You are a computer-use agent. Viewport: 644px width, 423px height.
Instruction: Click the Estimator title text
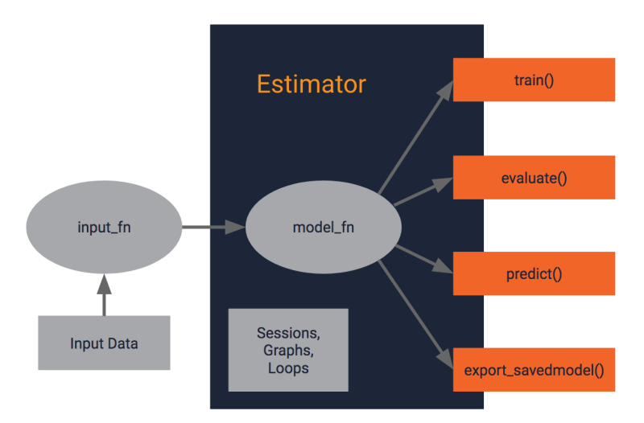tap(311, 84)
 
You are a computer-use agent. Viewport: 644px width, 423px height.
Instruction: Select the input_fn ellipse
tap(104, 228)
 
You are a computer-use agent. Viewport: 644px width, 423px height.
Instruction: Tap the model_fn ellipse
tap(323, 228)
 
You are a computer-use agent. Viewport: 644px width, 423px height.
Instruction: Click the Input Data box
tap(104, 343)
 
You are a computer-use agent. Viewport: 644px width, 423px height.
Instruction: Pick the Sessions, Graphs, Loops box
tap(288, 350)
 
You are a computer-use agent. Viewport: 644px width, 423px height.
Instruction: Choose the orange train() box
tap(534, 80)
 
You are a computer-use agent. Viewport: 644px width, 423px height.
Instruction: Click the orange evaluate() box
tap(534, 178)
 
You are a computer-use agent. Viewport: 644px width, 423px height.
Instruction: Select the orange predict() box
tap(534, 273)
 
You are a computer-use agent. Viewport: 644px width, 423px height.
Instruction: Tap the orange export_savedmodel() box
tap(534, 371)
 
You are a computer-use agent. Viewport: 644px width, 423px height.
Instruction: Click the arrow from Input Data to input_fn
tap(104, 294)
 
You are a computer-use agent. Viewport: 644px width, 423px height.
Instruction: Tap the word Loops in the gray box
tap(287, 368)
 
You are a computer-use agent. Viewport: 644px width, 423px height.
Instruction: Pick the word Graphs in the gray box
tap(287, 350)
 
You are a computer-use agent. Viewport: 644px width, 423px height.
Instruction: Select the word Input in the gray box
tap(86, 343)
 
